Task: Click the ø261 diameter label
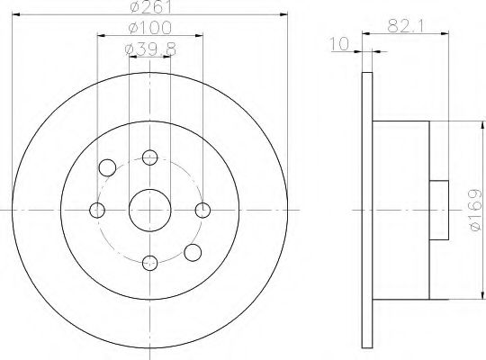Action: [x=149, y=10]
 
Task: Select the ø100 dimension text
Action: [x=150, y=30]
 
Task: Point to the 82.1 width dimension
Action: [x=408, y=25]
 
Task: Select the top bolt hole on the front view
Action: [x=149, y=157]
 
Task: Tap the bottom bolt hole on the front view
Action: [x=149, y=263]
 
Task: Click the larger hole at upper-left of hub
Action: [x=108, y=167]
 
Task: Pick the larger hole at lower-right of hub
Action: [x=192, y=252]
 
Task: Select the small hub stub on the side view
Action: [x=439, y=209]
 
